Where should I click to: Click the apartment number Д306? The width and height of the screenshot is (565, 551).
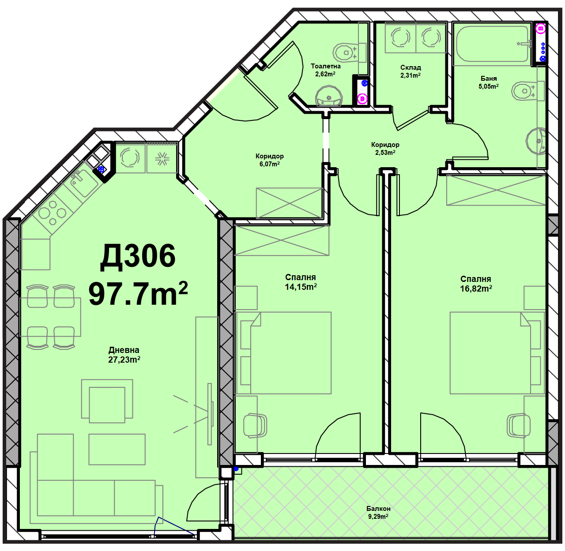click(x=138, y=256)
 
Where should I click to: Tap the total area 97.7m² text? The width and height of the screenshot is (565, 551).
click(x=138, y=293)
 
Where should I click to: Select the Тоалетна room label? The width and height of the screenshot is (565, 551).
click(x=325, y=66)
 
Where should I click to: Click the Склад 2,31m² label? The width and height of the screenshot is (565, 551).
click(x=411, y=71)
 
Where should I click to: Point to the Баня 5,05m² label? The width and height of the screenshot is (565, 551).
click(x=489, y=82)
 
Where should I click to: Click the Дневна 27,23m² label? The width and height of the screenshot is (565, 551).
click(x=124, y=355)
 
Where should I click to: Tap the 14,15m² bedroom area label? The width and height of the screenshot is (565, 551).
click(x=301, y=287)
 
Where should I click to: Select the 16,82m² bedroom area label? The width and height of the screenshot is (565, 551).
click(x=476, y=289)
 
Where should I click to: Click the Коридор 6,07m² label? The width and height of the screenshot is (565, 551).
click(x=269, y=160)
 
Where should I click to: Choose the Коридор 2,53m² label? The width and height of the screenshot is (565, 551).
click(x=385, y=148)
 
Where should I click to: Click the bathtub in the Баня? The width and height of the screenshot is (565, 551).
click(x=493, y=44)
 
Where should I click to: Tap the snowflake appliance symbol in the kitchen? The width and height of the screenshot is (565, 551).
click(x=162, y=158)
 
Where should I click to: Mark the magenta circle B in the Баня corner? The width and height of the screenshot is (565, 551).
click(x=540, y=28)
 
